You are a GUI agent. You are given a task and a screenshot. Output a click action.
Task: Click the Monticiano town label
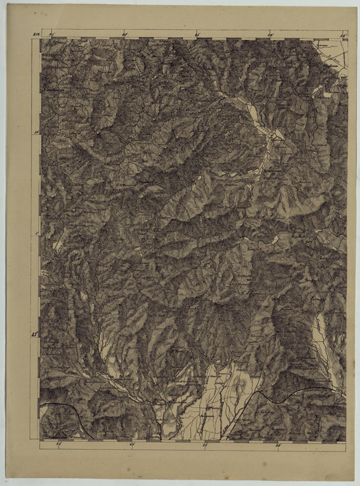(x=273, y=170)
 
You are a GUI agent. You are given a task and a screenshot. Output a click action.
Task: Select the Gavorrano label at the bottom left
(x=58, y=435)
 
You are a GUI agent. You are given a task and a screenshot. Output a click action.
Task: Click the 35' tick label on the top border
(x=52, y=35)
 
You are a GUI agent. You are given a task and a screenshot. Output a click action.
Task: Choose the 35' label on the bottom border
(x=58, y=445)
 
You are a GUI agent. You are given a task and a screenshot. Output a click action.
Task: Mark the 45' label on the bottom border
(x=205, y=445)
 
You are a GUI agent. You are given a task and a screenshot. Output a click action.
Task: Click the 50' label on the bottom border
(x=277, y=445)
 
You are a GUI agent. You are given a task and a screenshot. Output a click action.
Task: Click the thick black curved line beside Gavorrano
(x=74, y=411)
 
